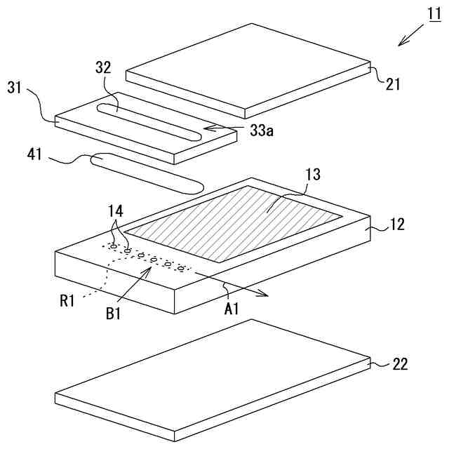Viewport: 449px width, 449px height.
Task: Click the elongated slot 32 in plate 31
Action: pyautogui.click(x=147, y=119)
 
